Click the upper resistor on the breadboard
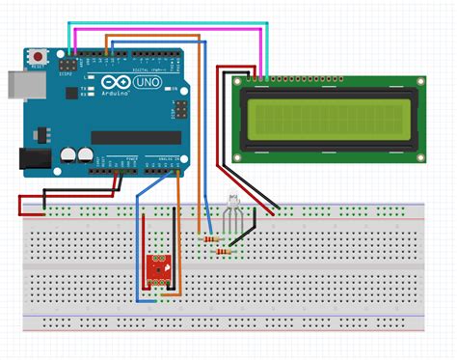point(207,236)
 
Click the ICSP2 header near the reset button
point(67,64)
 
